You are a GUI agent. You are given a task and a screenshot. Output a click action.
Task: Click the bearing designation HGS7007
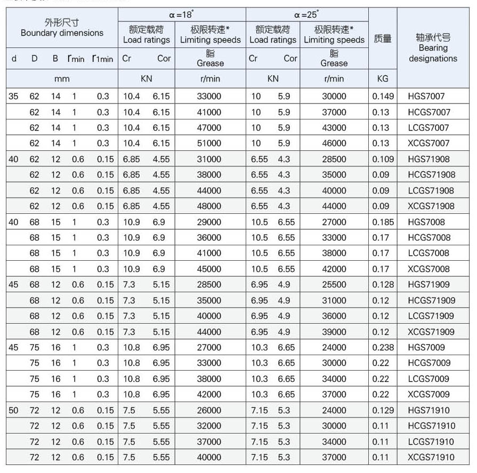coord(426,97)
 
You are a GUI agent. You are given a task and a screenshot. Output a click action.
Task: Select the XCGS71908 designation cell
coord(431,206)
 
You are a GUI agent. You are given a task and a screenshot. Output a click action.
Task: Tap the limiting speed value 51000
coord(209,143)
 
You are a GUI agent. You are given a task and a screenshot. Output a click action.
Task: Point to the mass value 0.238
coord(383,347)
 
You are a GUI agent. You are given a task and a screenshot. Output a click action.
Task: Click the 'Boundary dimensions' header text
coord(62,33)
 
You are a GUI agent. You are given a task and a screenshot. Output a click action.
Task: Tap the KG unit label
coord(383,78)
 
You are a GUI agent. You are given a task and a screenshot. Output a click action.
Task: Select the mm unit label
coord(62,78)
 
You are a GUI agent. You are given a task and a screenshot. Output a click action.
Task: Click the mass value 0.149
coord(383,97)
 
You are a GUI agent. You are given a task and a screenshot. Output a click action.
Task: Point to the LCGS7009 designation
coord(429,379)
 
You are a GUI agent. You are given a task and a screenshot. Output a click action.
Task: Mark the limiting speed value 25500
coord(334,285)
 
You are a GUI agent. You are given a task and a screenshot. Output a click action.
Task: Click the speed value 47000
coord(209,128)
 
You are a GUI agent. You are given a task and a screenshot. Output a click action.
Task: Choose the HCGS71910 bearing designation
coord(432,426)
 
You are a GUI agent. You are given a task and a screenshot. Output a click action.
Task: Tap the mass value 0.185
coord(383,222)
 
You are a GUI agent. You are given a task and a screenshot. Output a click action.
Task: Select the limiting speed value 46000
coord(334,143)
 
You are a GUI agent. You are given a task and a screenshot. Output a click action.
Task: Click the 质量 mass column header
coord(383,39)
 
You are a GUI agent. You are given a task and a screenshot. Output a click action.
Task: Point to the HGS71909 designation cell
coord(429,285)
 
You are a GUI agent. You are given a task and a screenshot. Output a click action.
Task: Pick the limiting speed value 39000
coord(334,332)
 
